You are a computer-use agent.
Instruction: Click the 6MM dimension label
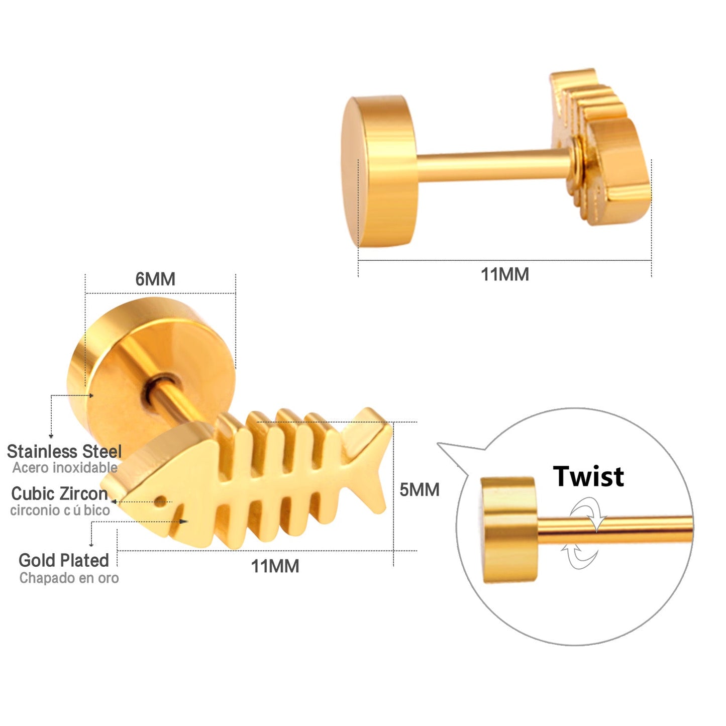[155, 279]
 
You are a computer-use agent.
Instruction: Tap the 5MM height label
[419, 489]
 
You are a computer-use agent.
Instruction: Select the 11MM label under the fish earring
[275, 566]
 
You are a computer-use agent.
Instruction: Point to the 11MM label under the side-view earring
[505, 275]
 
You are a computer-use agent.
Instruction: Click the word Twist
[588, 476]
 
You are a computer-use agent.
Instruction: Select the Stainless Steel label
[64, 451]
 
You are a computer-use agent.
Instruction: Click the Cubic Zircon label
[59, 493]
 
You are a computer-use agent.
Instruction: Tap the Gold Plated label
[64, 560]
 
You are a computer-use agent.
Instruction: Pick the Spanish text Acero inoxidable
[65, 468]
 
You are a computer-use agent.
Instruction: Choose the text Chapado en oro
[69, 578]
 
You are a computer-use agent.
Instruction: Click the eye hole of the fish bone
[160, 501]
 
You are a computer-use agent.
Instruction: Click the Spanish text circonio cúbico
[60, 510]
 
